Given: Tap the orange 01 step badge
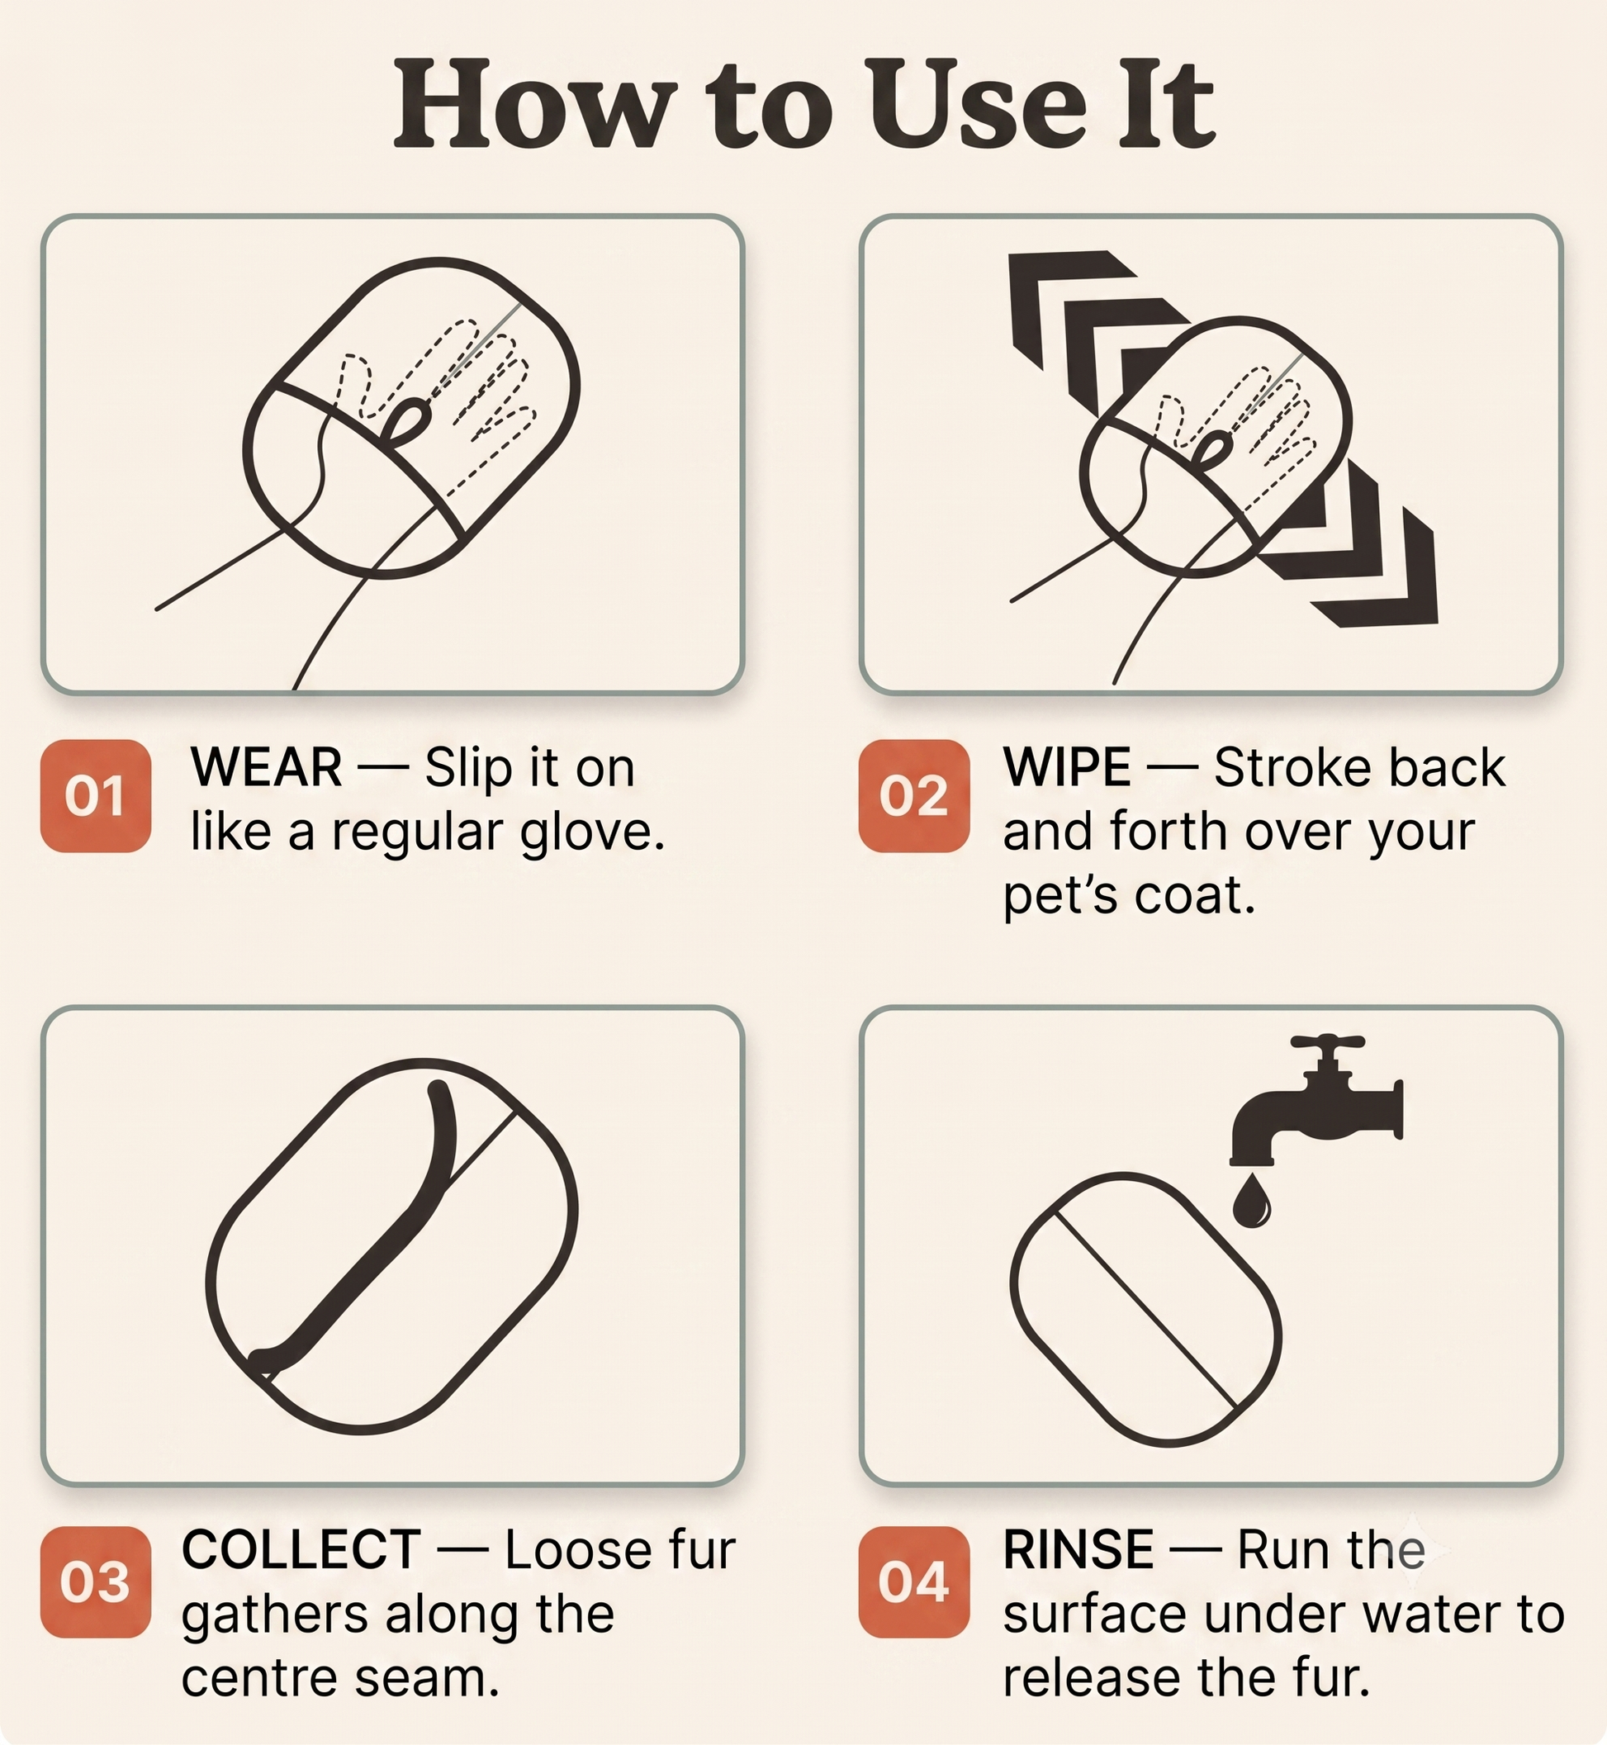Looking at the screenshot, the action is pos(96,795).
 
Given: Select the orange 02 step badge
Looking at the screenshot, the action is pos(914,795).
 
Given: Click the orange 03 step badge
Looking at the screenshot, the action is pos(96,1581).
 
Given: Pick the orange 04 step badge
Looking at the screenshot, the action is pos(914,1581).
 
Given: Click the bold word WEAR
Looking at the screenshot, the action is pos(266,768).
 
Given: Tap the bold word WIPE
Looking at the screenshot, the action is pos(1067,768).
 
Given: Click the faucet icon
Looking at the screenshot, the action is pos(1315,1100).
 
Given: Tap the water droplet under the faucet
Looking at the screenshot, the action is pos(1251,1201).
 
